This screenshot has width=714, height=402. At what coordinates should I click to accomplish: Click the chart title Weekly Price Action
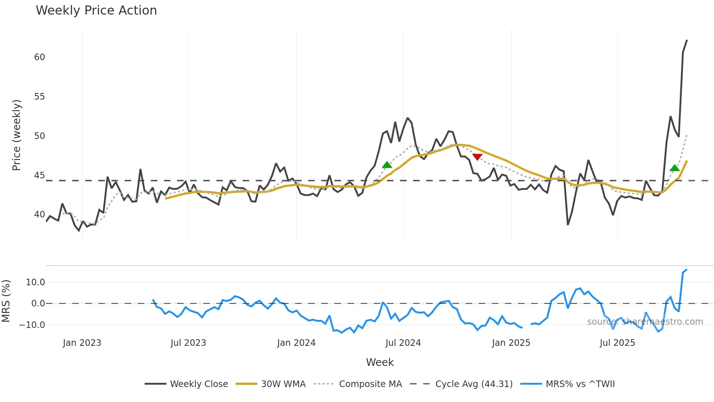click(96, 11)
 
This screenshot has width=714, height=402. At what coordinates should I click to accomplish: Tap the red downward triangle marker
click(477, 157)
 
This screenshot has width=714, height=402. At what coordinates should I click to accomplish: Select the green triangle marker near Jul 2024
click(387, 165)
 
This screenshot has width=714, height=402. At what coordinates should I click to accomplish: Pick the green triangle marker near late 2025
click(675, 168)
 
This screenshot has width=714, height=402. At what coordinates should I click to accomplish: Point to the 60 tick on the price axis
click(40, 57)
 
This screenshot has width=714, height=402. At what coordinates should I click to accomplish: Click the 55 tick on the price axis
click(40, 97)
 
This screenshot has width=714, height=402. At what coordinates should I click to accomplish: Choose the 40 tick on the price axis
click(40, 214)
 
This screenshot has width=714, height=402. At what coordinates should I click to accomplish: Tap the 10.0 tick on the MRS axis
click(35, 282)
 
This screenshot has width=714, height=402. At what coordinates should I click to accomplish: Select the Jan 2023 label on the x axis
click(82, 343)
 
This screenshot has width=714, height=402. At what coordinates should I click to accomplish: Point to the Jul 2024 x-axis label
click(403, 343)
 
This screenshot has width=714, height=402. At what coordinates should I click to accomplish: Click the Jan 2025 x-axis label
click(511, 343)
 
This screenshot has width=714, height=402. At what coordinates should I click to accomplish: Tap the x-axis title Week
click(380, 362)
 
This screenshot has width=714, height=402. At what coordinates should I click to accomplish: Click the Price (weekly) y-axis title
click(17, 135)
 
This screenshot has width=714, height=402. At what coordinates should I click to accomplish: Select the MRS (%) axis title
click(6, 301)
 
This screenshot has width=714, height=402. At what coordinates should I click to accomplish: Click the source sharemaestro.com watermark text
click(645, 322)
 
